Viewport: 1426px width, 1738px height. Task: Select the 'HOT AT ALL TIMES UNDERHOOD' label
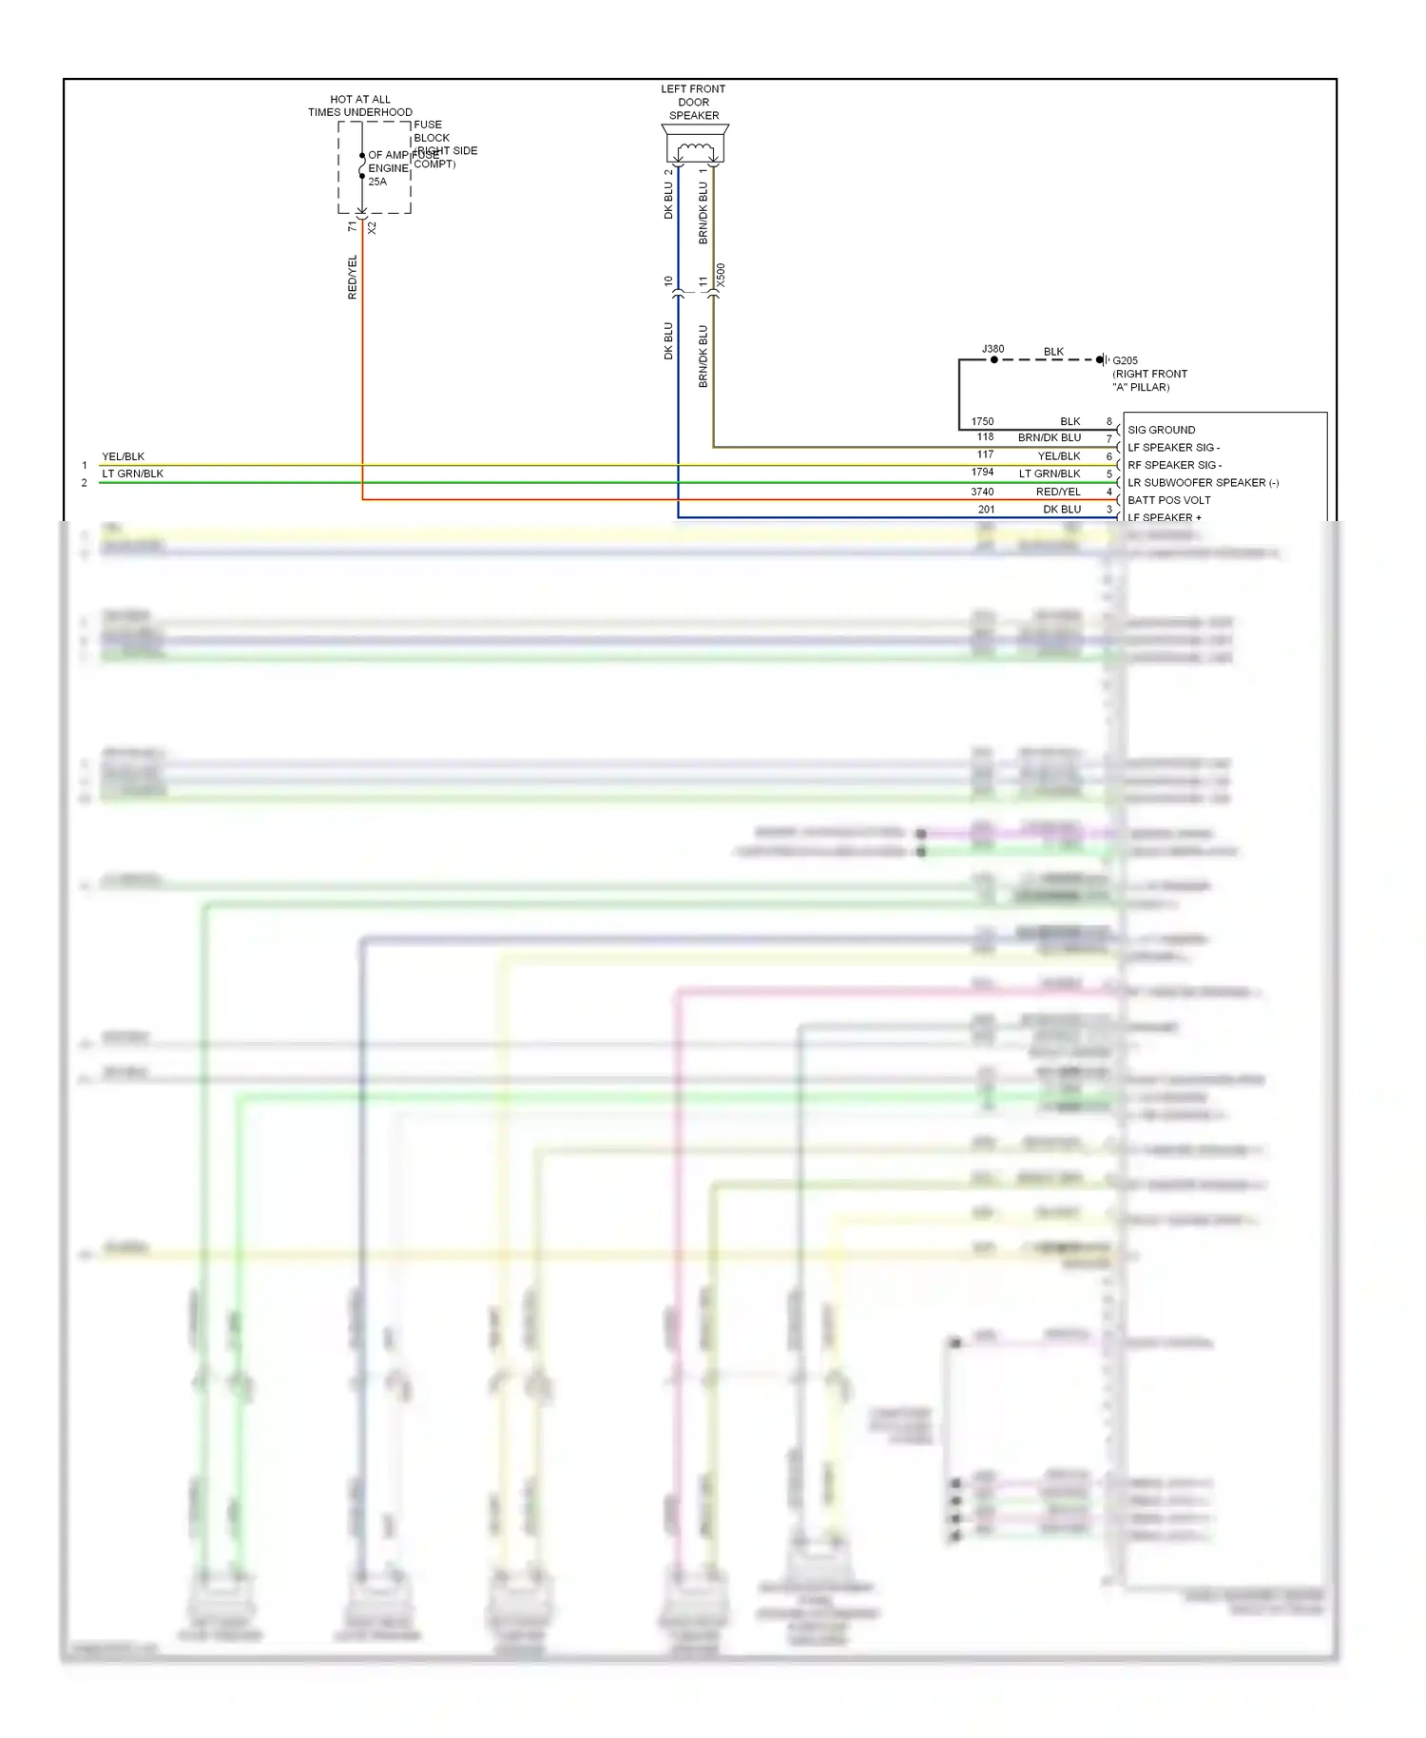point(359,106)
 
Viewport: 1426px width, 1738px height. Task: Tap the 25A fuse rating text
point(377,182)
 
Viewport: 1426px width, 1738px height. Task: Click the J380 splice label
point(992,349)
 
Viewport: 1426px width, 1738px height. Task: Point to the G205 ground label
point(1125,360)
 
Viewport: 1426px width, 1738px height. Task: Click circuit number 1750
point(982,421)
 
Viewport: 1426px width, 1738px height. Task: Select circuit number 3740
point(982,492)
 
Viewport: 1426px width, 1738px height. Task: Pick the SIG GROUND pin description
point(1161,430)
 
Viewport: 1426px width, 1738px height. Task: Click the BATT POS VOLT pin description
point(1168,500)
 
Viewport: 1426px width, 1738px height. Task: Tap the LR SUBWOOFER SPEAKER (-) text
point(1203,483)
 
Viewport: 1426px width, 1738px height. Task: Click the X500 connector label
point(721,276)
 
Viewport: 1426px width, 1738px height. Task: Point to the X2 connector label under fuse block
point(372,228)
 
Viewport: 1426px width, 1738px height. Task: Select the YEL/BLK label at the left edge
point(123,456)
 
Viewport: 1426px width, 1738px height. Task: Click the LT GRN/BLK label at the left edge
point(132,473)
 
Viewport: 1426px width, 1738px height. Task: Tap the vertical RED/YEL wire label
point(353,277)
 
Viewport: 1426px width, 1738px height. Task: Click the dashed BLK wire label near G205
point(1053,352)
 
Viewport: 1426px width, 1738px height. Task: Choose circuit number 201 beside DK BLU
point(986,510)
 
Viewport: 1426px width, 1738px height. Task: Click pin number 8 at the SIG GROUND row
point(1108,421)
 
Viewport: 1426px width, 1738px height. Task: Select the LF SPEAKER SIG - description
point(1173,448)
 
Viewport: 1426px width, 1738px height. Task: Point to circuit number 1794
point(982,473)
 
